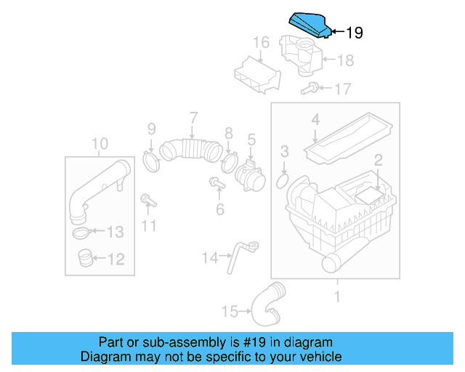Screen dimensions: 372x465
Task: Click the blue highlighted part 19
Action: [311, 25]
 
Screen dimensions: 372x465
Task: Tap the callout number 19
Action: [353, 33]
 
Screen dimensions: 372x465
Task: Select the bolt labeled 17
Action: [308, 89]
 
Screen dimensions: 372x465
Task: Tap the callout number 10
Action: [100, 143]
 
